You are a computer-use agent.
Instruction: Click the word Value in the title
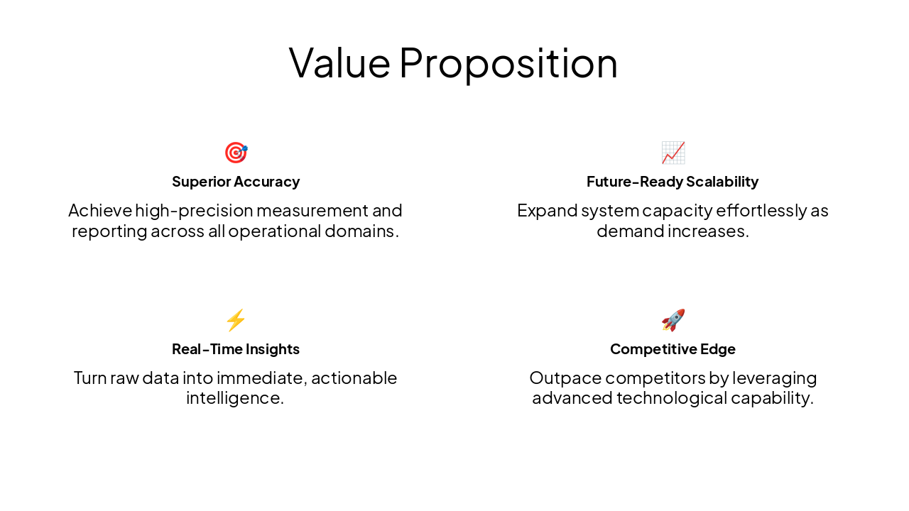pyautogui.click(x=339, y=62)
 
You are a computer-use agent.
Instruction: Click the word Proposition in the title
pyautogui.click(x=508, y=62)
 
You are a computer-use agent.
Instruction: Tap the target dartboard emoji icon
pyautogui.click(x=236, y=153)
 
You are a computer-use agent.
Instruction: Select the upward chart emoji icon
pyautogui.click(x=673, y=153)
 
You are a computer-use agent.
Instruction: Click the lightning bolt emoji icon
pyautogui.click(x=236, y=320)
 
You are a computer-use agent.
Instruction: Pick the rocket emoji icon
pyautogui.click(x=673, y=320)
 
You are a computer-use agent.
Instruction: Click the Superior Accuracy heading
pyautogui.click(x=236, y=182)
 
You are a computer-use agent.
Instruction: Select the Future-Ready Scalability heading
pyautogui.click(x=673, y=182)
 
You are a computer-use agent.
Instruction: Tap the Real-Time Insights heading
pyautogui.click(x=236, y=349)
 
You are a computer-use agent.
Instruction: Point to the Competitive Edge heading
pyautogui.click(x=673, y=349)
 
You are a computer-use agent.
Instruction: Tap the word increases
pyautogui.click(x=712, y=231)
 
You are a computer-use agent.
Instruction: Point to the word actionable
pyautogui.click(x=354, y=378)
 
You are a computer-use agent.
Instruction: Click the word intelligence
pyautogui.click(x=235, y=398)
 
